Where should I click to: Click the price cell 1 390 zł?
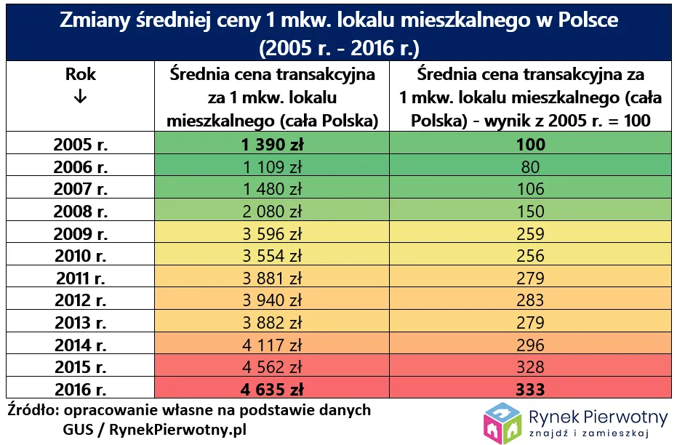pyautogui.click(x=273, y=144)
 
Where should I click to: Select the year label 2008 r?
pyautogui.click(x=81, y=212)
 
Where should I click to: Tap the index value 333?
pyautogui.click(x=530, y=389)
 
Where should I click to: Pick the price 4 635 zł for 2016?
pyautogui.click(x=273, y=389)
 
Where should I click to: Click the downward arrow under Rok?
pyautogui.click(x=80, y=98)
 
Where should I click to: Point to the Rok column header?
pyautogui.click(x=80, y=74)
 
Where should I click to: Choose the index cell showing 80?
pyautogui.click(x=530, y=167)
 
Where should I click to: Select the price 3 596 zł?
pyautogui.click(x=273, y=233)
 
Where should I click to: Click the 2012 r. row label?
pyautogui.click(x=81, y=300)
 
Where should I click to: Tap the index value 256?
pyautogui.click(x=530, y=256)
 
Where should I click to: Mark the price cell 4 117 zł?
pyautogui.click(x=273, y=345)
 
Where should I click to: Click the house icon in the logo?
pyautogui.click(x=504, y=422)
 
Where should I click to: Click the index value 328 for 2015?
pyautogui.click(x=530, y=367)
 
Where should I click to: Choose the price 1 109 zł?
pyautogui.click(x=273, y=167)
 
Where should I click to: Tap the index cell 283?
pyautogui.click(x=530, y=300)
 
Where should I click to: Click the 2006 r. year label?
pyautogui.click(x=81, y=167)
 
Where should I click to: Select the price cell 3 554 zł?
pyautogui.click(x=273, y=256)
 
